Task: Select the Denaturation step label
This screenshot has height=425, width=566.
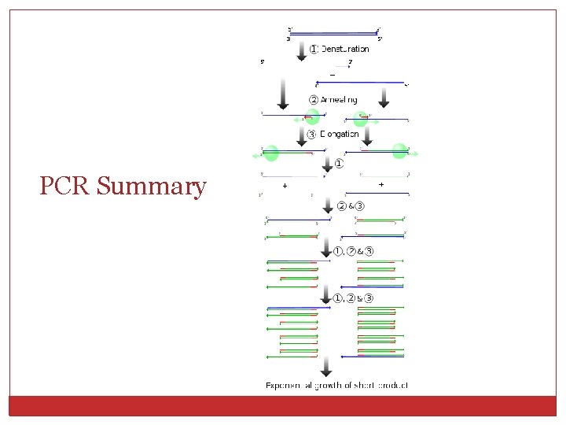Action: point(344,49)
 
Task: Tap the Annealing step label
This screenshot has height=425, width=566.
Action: point(339,100)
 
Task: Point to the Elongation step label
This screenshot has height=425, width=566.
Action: point(339,134)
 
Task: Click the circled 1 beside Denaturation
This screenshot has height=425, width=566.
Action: point(313,49)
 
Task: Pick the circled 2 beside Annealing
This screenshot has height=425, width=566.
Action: point(313,100)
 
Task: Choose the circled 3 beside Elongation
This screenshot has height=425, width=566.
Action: point(312,134)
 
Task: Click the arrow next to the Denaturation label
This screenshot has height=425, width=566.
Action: point(301,50)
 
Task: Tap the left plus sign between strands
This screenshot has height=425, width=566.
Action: point(285,185)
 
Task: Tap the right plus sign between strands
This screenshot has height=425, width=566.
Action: point(381,185)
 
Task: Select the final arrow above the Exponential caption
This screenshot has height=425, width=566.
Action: point(326,367)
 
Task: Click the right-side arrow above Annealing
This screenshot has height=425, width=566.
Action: point(384,97)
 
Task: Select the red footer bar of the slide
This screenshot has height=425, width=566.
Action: point(283,405)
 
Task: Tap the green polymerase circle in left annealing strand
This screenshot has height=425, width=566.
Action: point(312,117)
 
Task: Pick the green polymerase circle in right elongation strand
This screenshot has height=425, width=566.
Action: point(399,150)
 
